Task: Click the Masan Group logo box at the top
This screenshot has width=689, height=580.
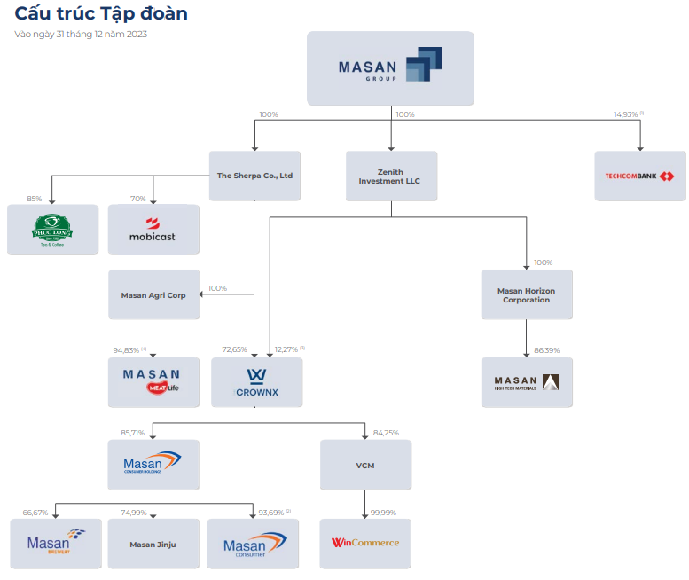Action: coord(390,68)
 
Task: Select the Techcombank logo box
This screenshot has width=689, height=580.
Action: coord(639,176)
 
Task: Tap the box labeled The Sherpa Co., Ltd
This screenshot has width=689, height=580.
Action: coord(254,176)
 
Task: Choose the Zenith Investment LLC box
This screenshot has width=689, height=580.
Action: coord(391,176)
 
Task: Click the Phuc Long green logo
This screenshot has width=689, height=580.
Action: coord(52,229)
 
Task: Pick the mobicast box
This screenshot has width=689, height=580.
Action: coord(153,229)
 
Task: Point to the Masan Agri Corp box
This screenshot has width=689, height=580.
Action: coord(153,294)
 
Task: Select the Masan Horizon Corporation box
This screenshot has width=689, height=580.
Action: coord(527,294)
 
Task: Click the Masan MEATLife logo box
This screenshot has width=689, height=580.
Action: coord(153,382)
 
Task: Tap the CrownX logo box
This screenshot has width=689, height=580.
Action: coord(257,382)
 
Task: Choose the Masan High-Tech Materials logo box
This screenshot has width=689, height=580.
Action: coord(527,382)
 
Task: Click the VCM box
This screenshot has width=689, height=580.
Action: coord(365,465)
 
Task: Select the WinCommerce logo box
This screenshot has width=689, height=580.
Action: coord(365,543)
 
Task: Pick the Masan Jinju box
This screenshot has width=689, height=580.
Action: coord(153,544)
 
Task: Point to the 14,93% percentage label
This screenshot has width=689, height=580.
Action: coord(626,114)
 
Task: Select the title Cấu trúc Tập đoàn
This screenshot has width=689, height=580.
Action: coord(101,15)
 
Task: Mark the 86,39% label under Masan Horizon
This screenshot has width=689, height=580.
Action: coord(546,350)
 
